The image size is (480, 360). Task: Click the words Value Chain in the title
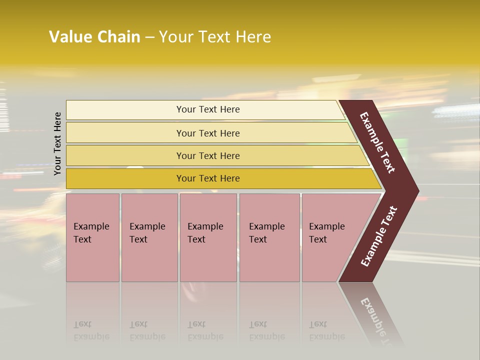coord(94,37)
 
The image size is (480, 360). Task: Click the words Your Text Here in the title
coord(215,37)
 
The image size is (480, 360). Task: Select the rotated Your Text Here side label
coord(57,143)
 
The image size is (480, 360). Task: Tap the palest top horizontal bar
coord(125,110)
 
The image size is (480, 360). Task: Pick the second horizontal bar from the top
coord(125,133)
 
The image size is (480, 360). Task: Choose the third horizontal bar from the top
coord(125,155)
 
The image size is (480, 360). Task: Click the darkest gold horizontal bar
coord(125,178)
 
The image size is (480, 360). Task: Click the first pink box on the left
coord(92,260)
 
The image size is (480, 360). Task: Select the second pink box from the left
coord(149,260)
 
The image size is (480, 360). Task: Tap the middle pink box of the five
coord(208,260)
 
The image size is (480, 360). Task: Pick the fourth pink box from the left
coord(269,260)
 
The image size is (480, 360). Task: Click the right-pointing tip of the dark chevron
coord(413,191)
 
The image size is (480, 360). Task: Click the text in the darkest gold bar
coord(208,178)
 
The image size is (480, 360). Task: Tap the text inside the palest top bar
coord(208,109)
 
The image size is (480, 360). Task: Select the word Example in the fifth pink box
coord(327,226)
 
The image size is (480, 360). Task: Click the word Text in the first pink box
coord(82,239)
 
